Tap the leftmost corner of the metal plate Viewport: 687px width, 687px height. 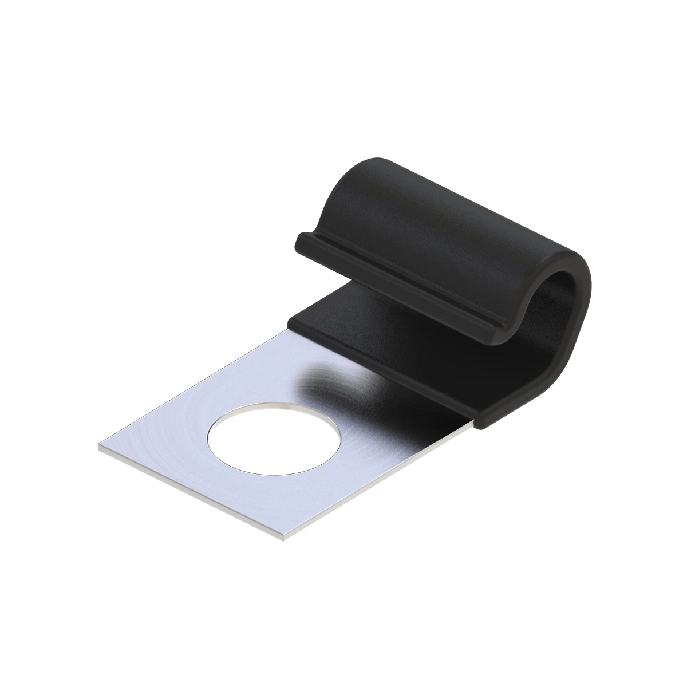point(100,448)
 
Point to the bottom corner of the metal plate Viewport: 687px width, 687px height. point(285,539)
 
